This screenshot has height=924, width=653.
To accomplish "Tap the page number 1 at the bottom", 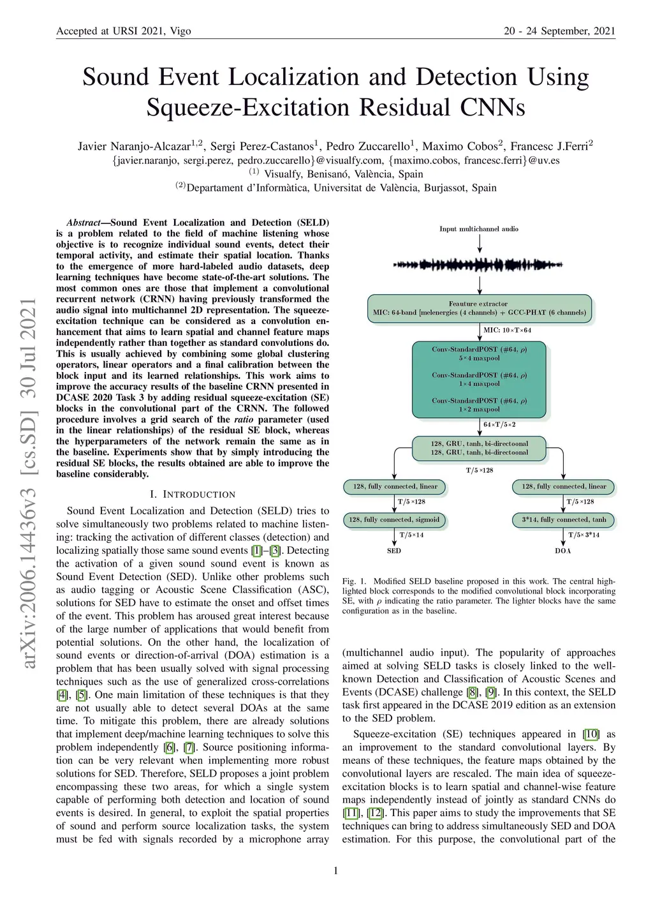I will [335, 870].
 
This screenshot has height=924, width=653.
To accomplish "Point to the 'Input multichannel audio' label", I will [479, 228].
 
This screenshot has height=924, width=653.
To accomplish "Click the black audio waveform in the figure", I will [479, 264].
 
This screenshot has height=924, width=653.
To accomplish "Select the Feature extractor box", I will [479, 308].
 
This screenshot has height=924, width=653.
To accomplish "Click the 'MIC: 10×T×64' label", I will [507, 330].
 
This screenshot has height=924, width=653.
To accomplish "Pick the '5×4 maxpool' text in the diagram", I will [479, 358].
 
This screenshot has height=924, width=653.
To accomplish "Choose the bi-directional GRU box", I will [479, 448].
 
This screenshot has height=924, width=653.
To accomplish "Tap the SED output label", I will [394, 551].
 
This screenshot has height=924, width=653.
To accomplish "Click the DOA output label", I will [563, 551].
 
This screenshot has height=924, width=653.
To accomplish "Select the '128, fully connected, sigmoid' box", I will [394, 519].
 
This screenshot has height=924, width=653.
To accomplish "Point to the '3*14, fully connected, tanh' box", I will [564, 519].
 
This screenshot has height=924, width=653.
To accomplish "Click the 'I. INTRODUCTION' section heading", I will [193, 495].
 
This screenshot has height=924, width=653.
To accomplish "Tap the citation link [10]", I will [592, 734].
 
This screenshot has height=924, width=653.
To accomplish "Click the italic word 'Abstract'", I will [84, 223].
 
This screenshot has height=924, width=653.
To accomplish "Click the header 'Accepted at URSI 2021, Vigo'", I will [124, 31].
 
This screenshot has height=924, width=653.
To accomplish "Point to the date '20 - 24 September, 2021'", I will [559, 31].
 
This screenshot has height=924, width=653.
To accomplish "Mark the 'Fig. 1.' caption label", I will [355, 581].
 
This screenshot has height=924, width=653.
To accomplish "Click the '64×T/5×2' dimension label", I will [499, 424].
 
